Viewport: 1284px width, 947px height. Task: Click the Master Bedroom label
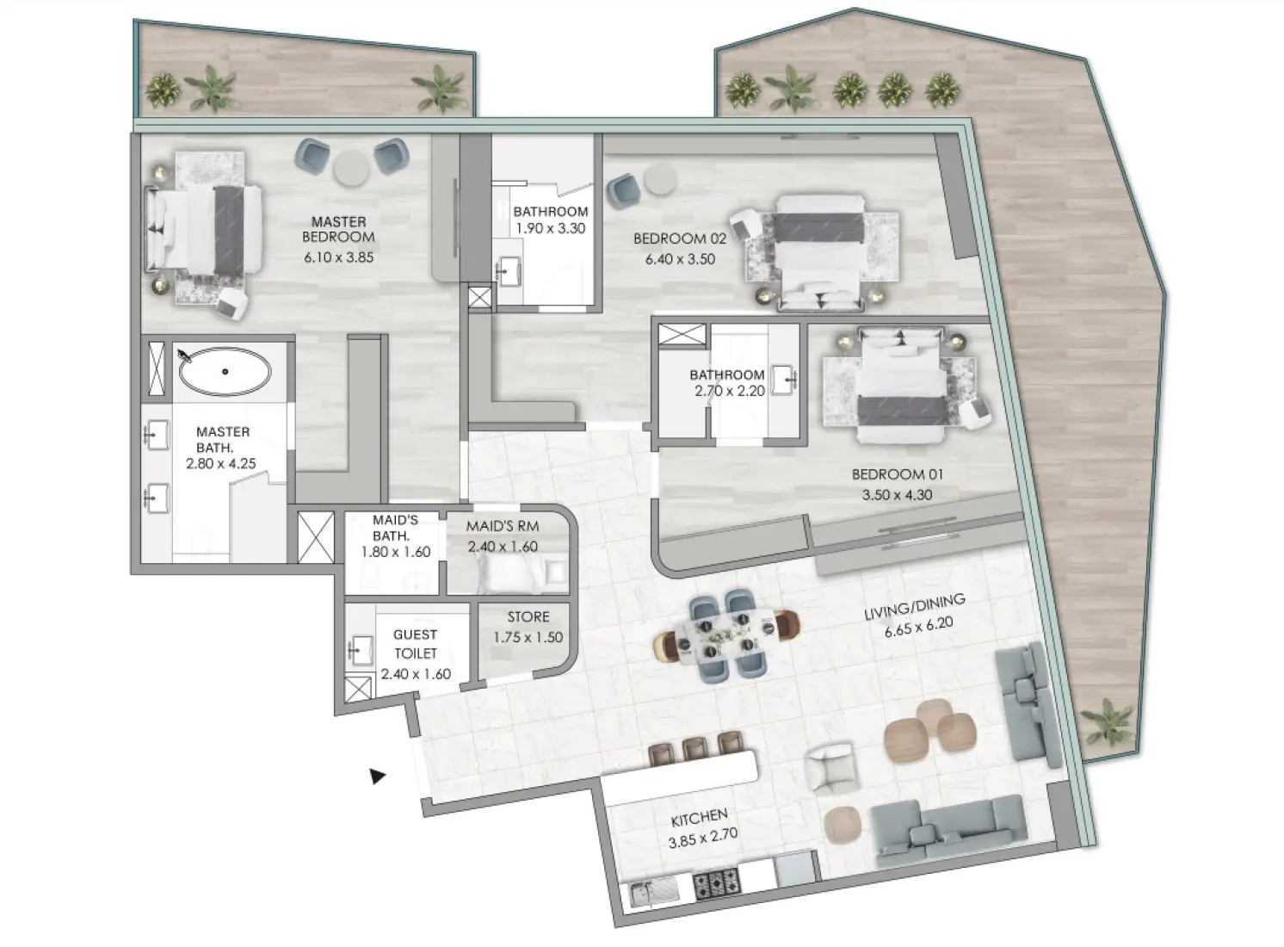tap(338, 229)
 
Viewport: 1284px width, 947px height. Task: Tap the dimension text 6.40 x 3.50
tap(680, 259)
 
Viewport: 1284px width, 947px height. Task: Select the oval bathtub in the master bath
tap(225, 372)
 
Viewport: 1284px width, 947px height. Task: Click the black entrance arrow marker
tap(377, 777)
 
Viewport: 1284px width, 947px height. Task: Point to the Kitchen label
tap(699, 815)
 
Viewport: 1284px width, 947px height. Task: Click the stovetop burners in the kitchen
tap(716, 882)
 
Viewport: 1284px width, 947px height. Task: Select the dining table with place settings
tap(723, 636)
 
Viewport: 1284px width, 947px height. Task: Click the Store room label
tap(528, 617)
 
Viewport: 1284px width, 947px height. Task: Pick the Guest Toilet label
tap(415, 644)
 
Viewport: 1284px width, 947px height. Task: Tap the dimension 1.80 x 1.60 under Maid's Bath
tap(395, 552)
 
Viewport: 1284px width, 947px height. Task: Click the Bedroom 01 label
tap(897, 474)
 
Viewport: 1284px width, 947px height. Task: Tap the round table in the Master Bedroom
tap(351, 170)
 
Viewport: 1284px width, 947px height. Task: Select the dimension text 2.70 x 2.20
tap(730, 391)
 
